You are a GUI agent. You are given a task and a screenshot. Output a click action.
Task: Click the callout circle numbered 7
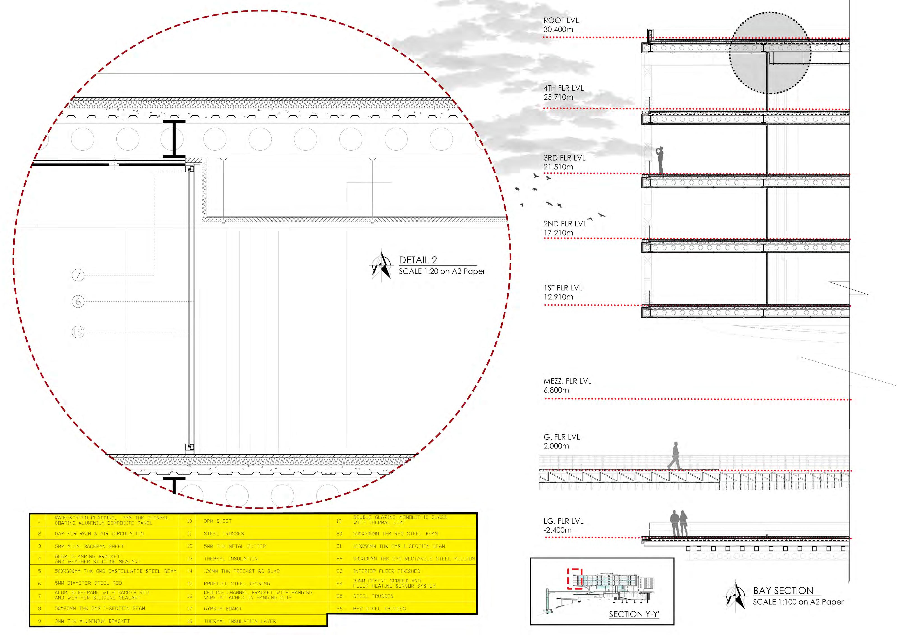pyautogui.click(x=78, y=275)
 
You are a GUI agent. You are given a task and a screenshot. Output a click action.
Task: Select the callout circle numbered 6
pyautogui.click(x=78, y=301)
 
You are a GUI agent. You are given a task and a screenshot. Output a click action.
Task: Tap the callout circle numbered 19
pyautogui.click(x=78, y=332)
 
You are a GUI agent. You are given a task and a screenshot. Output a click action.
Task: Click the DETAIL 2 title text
pyautogui.click(x=418, y=260)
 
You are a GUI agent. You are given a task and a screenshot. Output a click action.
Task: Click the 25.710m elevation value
pyautogui.click(x=558, y=97)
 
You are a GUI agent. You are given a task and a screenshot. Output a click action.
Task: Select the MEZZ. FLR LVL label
pyautogui.click(x=567, y=381)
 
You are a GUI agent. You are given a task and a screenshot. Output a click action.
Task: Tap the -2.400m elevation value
pyautogui.click(x=557, y=530)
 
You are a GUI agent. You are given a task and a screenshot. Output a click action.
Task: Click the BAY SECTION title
pyautogui.click(x=783, y=591)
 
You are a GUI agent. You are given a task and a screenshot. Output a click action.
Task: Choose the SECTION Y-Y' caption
pyautogui.click(x=634, y=614)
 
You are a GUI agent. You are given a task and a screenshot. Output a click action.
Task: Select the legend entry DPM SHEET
pyautogui.click(x=218, y=521)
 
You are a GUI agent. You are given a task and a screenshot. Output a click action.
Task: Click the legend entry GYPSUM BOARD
pyautogui.click(x=222, y=609)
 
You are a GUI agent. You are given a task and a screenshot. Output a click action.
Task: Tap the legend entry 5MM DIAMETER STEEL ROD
pyautogui.click(x=88, y=583)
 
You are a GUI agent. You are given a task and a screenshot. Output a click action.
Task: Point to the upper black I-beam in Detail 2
pyautogui.click(x=174, y=139)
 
